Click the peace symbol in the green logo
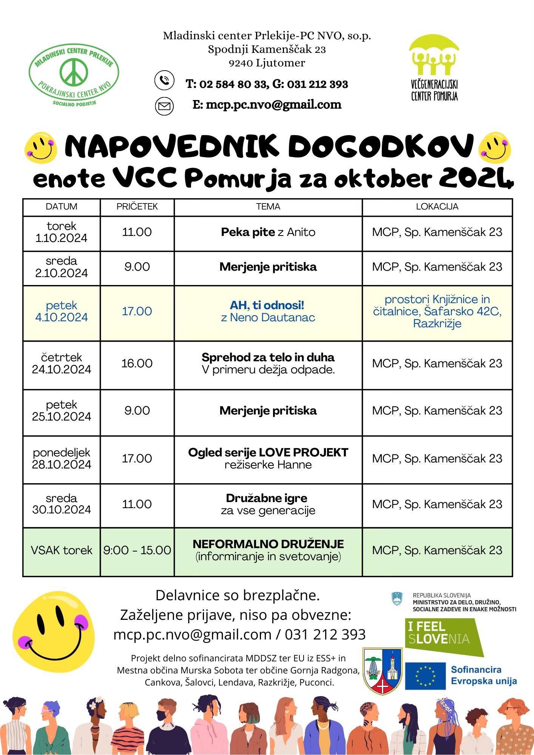tap(74, 72)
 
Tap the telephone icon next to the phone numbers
tap(164, 80)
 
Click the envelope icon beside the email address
tap(164, 106)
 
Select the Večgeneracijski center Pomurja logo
tap(434, 68)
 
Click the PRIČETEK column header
tap(137, 207)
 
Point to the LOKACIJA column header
tap(437, 207)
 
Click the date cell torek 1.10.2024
tap(61, 232)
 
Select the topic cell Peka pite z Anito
tap(268, 232)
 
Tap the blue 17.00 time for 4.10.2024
tap(137, 311)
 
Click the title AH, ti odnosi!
tap(267, 305)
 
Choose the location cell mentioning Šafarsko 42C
tap(437, 311)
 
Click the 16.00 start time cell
tap(137, 364)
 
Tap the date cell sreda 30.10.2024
tap(61, 504)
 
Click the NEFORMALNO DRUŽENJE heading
tap(268, 544)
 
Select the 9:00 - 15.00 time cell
tap(137, 550)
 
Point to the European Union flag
tap(425, 676)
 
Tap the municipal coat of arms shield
tap(382, 671)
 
